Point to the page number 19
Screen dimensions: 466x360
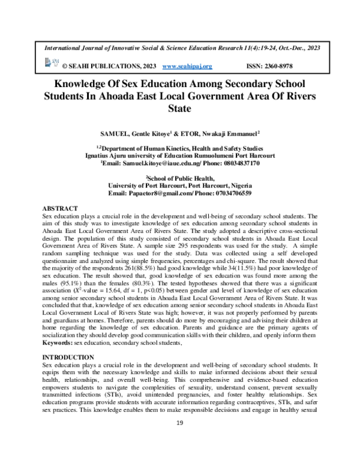179,441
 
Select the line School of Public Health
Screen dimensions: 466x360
181,178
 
